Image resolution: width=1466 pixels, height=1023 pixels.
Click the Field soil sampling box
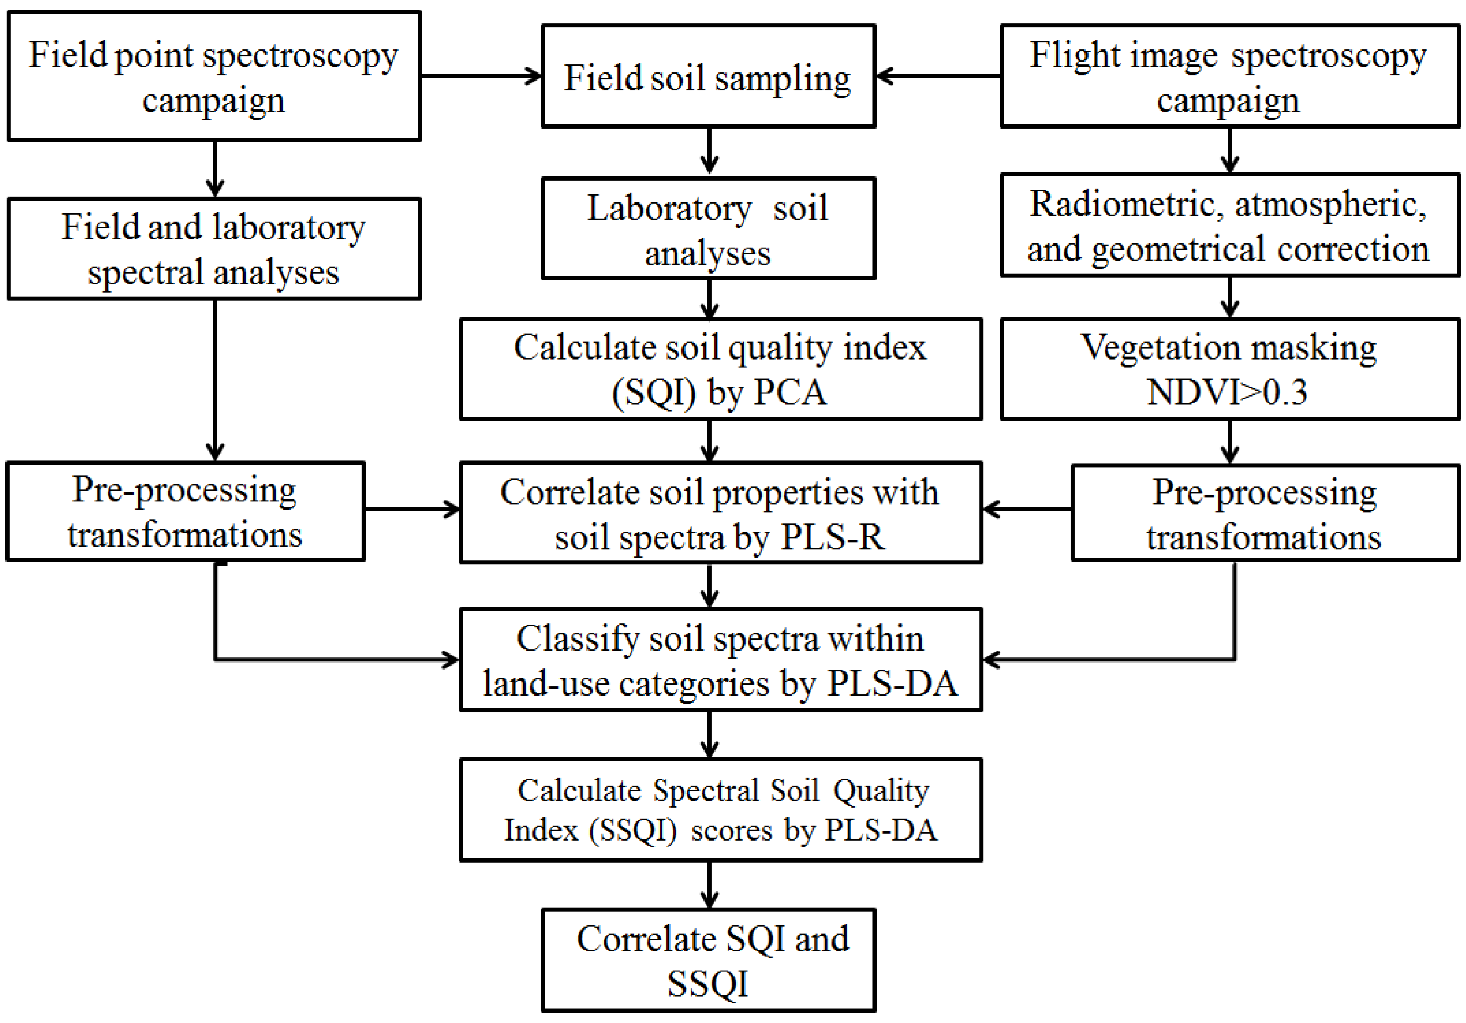pos(707,76)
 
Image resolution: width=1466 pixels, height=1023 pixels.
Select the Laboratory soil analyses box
pos(707,228)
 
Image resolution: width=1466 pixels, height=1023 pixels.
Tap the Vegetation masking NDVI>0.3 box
pos(1229,369)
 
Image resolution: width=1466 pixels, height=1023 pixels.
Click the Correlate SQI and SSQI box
pos(707,959)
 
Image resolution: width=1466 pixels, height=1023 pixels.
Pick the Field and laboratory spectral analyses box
pos(214,248)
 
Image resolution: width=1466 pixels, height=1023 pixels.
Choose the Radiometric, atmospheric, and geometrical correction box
pos(1229,225)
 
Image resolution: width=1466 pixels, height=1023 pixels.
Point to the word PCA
pos(790,392)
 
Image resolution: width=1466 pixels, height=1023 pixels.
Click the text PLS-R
pos(833,537)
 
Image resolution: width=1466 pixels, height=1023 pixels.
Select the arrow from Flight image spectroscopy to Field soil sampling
pos(939,76)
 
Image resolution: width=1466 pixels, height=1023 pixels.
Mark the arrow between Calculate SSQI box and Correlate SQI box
pos(709,884)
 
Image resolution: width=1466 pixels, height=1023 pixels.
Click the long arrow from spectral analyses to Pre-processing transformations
pos(215,379)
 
